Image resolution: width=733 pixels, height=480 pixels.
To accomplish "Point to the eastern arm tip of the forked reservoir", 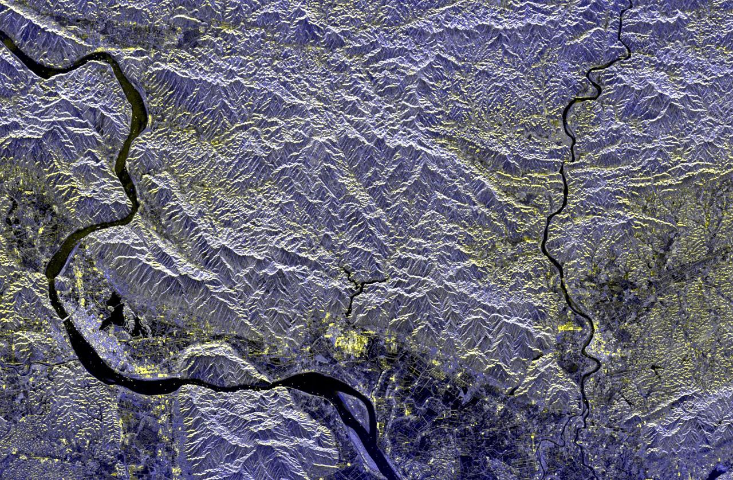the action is point(385,279).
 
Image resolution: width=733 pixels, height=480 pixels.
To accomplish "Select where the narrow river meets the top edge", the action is point(629,2).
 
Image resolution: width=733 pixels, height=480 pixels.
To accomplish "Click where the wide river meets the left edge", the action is point(2,36).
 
